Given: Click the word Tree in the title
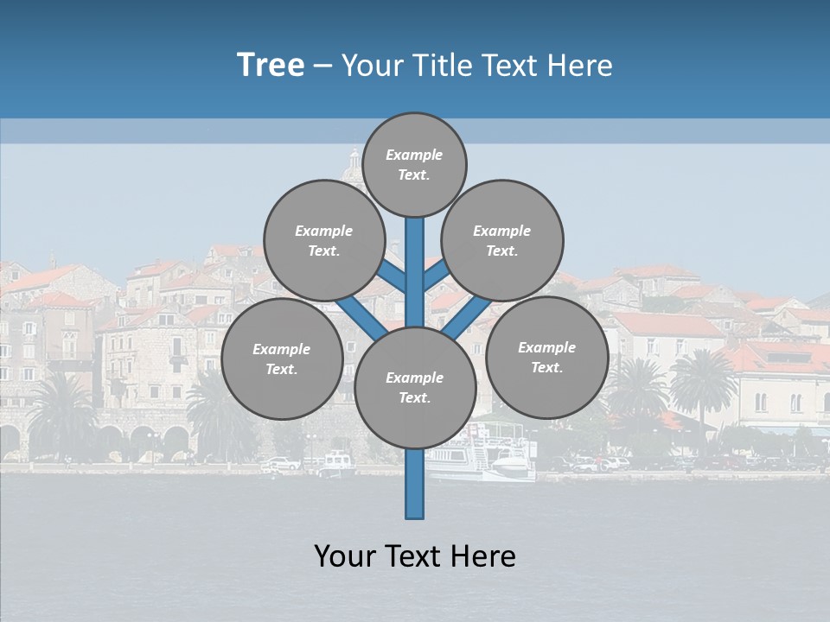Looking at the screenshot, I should (x=271, y=66).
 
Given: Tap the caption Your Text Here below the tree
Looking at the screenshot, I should (x=415, y=556).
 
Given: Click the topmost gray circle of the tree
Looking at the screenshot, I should (x=414, y=164).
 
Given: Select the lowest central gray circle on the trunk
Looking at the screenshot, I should (x=415, y=388).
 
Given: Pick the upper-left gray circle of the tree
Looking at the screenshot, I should (x=324, y=240).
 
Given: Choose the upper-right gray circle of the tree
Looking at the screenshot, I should (x=502, y=240).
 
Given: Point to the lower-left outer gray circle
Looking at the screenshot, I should (x=282, y=359).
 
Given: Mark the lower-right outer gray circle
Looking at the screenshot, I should (x=546, y=358).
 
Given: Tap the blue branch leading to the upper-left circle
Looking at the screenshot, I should (x=392, y=276).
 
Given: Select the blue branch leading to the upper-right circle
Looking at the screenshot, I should (x=436, y=275).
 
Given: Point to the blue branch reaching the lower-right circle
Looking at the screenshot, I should (x=467, y=318).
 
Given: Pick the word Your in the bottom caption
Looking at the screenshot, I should (x=344, y=556).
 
